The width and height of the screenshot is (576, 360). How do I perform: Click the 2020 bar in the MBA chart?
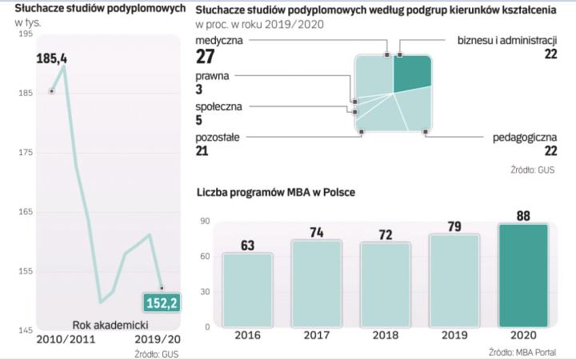click(523, 277)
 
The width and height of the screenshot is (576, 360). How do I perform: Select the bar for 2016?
click(247, 290)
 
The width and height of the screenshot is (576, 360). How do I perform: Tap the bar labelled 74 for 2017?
click(316, 284)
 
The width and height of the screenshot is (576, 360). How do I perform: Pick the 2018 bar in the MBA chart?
click(385, 286)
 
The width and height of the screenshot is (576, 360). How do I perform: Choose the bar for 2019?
click(454, 281)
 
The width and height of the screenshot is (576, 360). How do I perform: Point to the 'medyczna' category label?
click(219, 39)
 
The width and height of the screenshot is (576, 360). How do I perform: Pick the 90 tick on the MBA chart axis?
click(204, 221)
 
